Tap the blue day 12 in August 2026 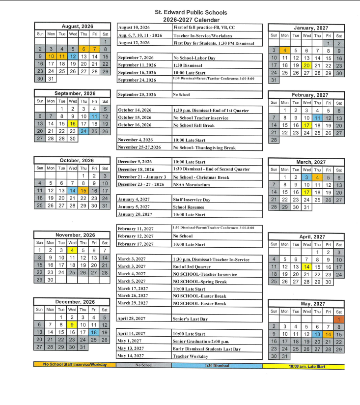pyautogui.click(x=73, y=57)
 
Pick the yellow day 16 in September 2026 pyautogui.click(x=73, y=124)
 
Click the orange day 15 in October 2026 pyautogui.click(x=83, y=191)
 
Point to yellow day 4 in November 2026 pyautogui.click(x=73, y=250)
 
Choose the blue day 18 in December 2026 pyautogui.click(x=94, y=332)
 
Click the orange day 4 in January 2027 pyautogui.click(x=284, y=50)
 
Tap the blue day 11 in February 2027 pyautogui.click(x=318, y=118)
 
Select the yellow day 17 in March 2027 pyautogui.click(x=307, y=192)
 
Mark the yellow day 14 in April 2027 pyautogui.click(x=307, y=267)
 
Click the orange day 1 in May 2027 pyautogui.click(x=339, y=319)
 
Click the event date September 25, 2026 pyautogui.click(x=137, y=94)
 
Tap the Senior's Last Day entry pyautogui.click(x=191, y=318)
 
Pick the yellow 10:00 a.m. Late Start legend pyautogui.click(x=303, y=366)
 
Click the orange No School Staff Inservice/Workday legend pyautogui.click(x=75, y=365)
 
